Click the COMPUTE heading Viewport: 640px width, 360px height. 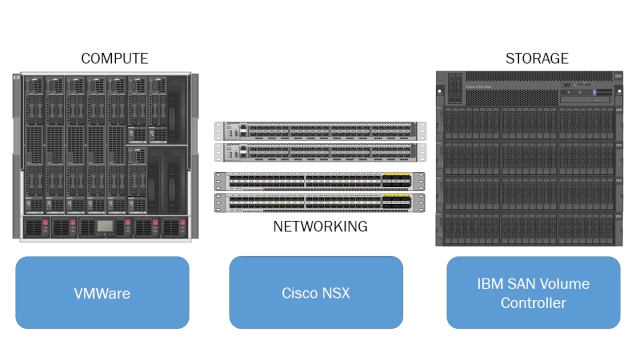pos(114,58)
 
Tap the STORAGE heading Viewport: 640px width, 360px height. pos(537,58)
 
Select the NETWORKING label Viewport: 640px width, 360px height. pos(320,226)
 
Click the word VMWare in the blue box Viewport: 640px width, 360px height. pos(102,293)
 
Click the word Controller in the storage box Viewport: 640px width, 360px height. pos(533,302)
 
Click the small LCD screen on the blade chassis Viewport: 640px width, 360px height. pos(105,226)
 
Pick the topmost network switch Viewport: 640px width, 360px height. pos(320,131)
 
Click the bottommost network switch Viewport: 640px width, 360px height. pos(320,202)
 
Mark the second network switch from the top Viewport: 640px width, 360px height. pos(320,152)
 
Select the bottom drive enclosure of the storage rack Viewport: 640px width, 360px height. pos(529,229)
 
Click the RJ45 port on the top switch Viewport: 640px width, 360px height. pos(243,131)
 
